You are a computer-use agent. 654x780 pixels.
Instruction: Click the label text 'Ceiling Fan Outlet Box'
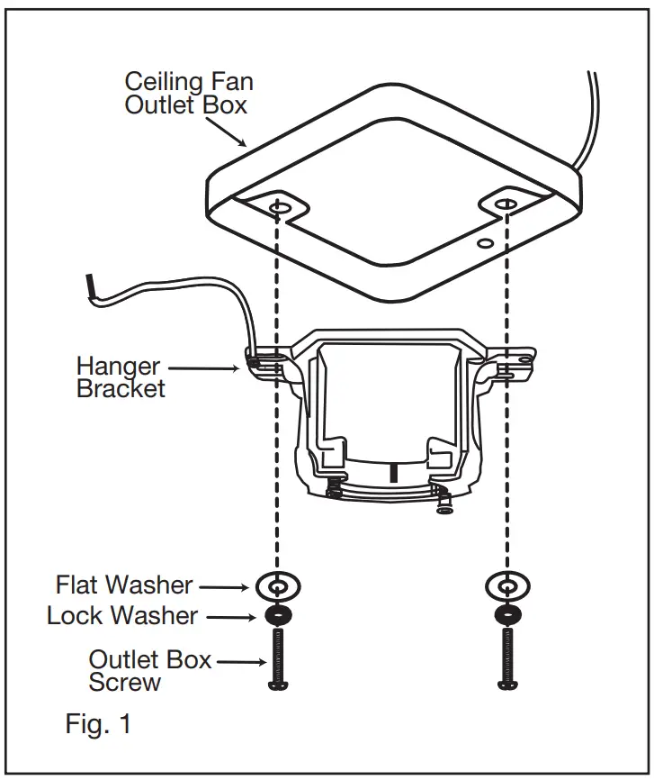click(x=188, y=93)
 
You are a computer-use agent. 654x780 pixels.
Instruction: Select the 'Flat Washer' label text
click(x=124, y=585)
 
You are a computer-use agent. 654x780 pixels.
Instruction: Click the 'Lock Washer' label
click(x=122, y=616)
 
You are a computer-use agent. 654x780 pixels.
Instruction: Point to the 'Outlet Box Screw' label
click(x=149, y=670)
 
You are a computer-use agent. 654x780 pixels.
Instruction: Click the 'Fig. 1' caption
click(x=99, y=724)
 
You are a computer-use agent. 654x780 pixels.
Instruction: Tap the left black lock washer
click(x=277, y=616)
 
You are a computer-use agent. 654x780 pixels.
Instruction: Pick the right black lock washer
click(x=505, y=616)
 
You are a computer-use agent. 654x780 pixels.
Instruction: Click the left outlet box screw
click(x=277, y=660)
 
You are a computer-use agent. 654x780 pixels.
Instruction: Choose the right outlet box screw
click(x=505, y=660)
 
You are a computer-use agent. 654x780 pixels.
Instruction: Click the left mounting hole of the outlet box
click(x=279, y=208)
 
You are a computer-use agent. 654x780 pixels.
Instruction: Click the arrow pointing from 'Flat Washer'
click(x=225, y=586)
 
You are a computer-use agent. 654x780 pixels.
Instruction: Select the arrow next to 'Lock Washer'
click(x=228, y=617)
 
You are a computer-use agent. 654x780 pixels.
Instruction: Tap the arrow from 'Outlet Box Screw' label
click(x=240, y=663)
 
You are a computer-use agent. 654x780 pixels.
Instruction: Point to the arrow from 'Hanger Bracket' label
click(x=205, y=367)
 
